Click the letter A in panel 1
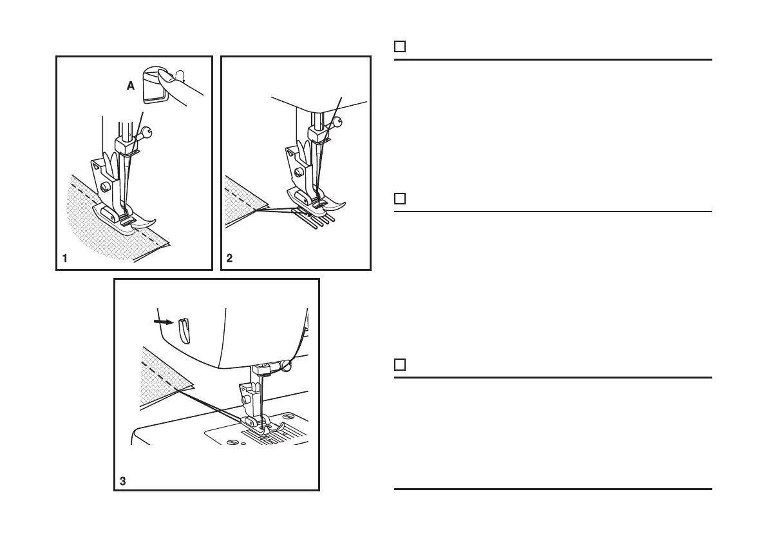coord(131,85)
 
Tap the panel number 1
coord(65,259)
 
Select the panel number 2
coord(230,259)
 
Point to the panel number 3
coord(123,480)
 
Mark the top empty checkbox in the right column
coord(399,46)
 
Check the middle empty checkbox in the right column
coord(399,199)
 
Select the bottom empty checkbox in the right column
coord(399,365)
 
